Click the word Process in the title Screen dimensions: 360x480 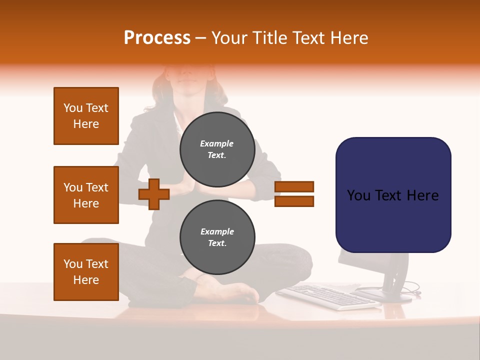[x=157, y=38]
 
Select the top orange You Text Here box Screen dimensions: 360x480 [x=86, y=116]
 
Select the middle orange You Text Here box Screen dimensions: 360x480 [x=86, y=195]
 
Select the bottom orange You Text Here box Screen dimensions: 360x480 [x=86, y=272]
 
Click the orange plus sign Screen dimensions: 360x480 [x=153, y=194]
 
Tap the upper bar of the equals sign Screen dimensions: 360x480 [x=294, y=186]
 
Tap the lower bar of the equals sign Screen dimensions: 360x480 [x=294, y=201]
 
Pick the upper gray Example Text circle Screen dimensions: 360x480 [x=217, y=149]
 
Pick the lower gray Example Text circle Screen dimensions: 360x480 [x=217, y=237]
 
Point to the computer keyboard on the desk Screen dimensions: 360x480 [x=327, y=296]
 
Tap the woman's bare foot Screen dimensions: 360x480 [x=235, y=292]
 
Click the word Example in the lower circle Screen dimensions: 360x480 [x=217, y=231]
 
